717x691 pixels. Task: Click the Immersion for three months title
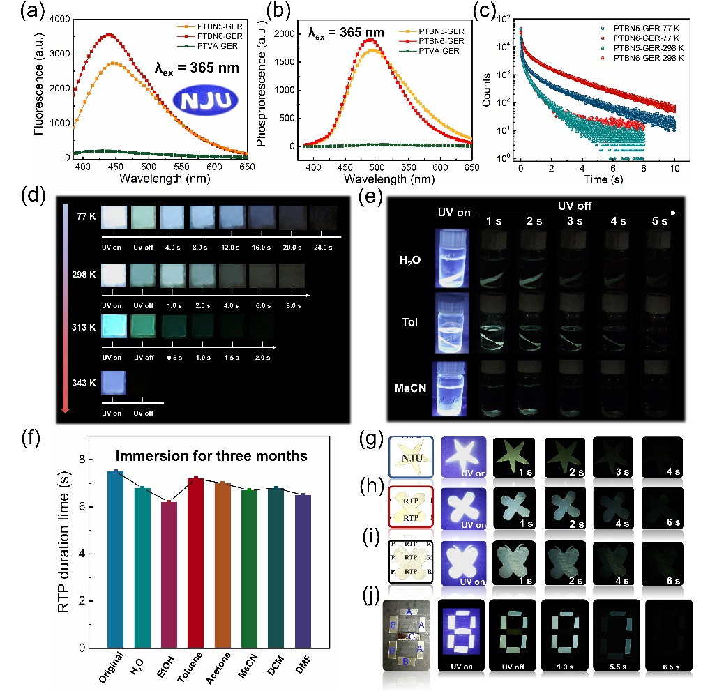tap(213, 457)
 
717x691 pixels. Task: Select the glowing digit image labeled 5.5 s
tap(612, 638)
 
